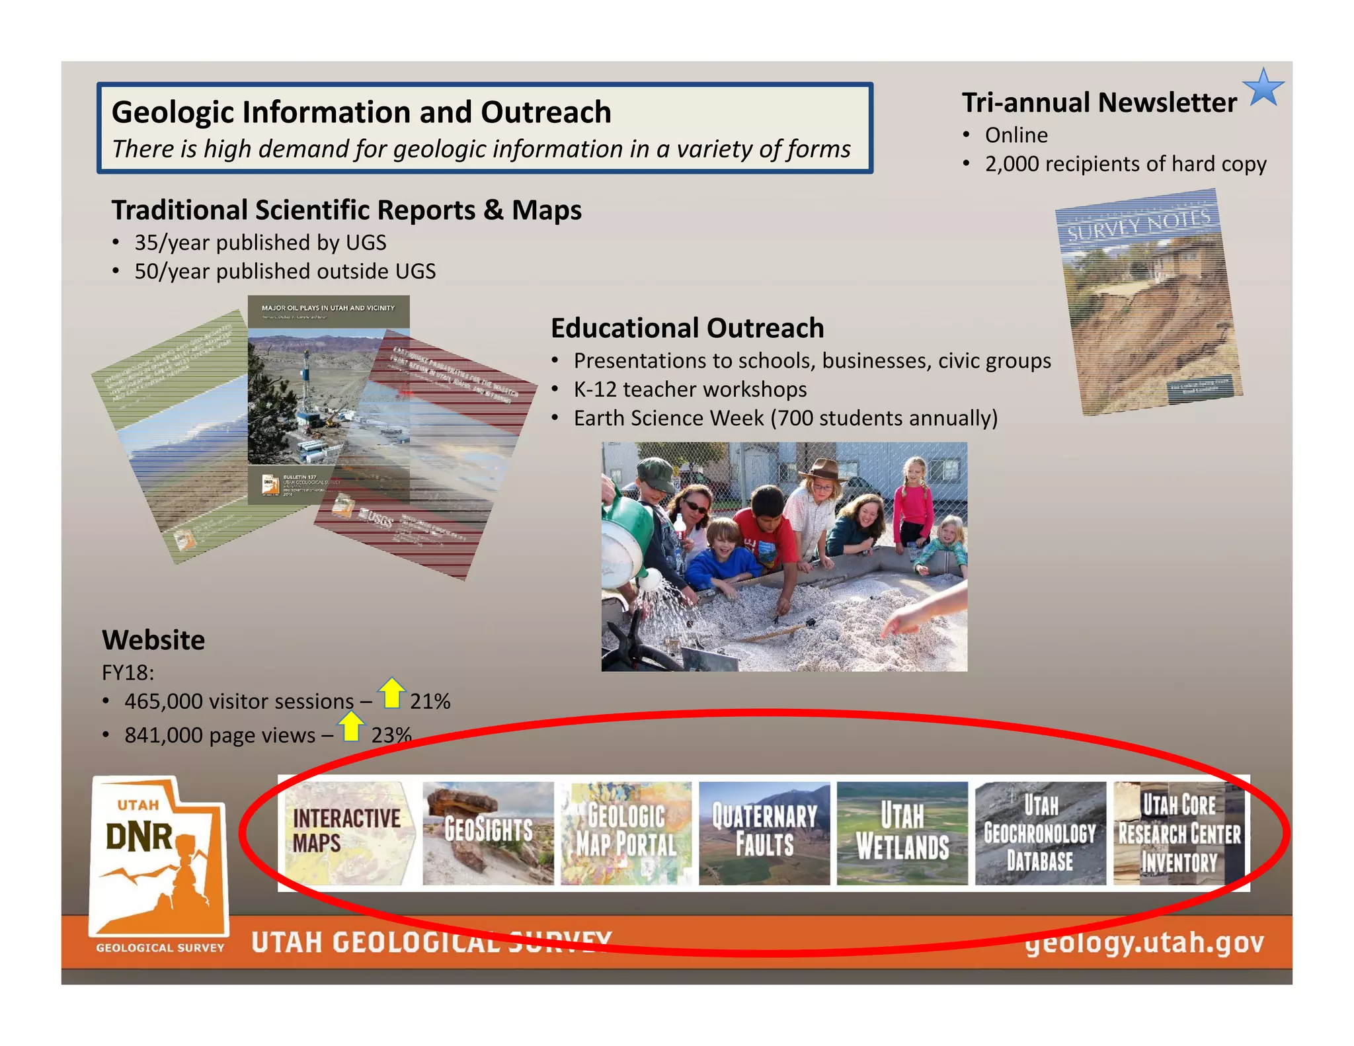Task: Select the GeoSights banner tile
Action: pos(488,832)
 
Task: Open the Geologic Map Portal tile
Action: pos(625,832)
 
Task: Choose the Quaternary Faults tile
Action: pos(764,832)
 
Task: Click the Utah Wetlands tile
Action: pos(902,832)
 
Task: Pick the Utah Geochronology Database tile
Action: pos(1040,832)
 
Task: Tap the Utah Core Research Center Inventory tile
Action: pos(1179,832)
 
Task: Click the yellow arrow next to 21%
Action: pos(392,693)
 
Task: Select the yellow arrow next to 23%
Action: pos(351,727)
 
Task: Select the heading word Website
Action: pos(153,640)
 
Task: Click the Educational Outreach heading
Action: pos(687,328)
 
